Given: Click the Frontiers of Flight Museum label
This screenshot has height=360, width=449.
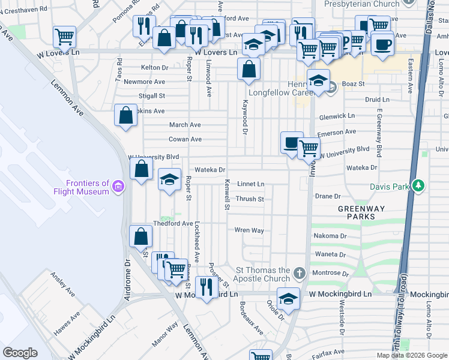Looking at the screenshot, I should point(88,187).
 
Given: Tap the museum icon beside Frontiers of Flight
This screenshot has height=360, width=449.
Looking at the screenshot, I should point(119,187).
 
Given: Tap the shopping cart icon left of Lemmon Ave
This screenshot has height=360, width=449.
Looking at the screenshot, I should point(64,37).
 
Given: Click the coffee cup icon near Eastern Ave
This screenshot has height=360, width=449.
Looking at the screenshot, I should point(382,44).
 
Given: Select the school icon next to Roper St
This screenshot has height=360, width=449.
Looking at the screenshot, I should point(169,179).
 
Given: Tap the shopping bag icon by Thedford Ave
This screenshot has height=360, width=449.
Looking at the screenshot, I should point(140,237).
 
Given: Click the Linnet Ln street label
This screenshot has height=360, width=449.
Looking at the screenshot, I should point(251,184).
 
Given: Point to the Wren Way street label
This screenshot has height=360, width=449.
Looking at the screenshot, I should point(249,230).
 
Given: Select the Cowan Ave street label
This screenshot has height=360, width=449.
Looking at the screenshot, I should point(185,139).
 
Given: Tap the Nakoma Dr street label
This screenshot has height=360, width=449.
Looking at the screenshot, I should point(330,236).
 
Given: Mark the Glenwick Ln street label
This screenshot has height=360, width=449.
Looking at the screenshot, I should point(337,116).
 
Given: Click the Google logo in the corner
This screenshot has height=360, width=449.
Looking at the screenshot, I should point(20,353).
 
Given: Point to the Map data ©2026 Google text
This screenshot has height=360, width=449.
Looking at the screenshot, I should point(412,355).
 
